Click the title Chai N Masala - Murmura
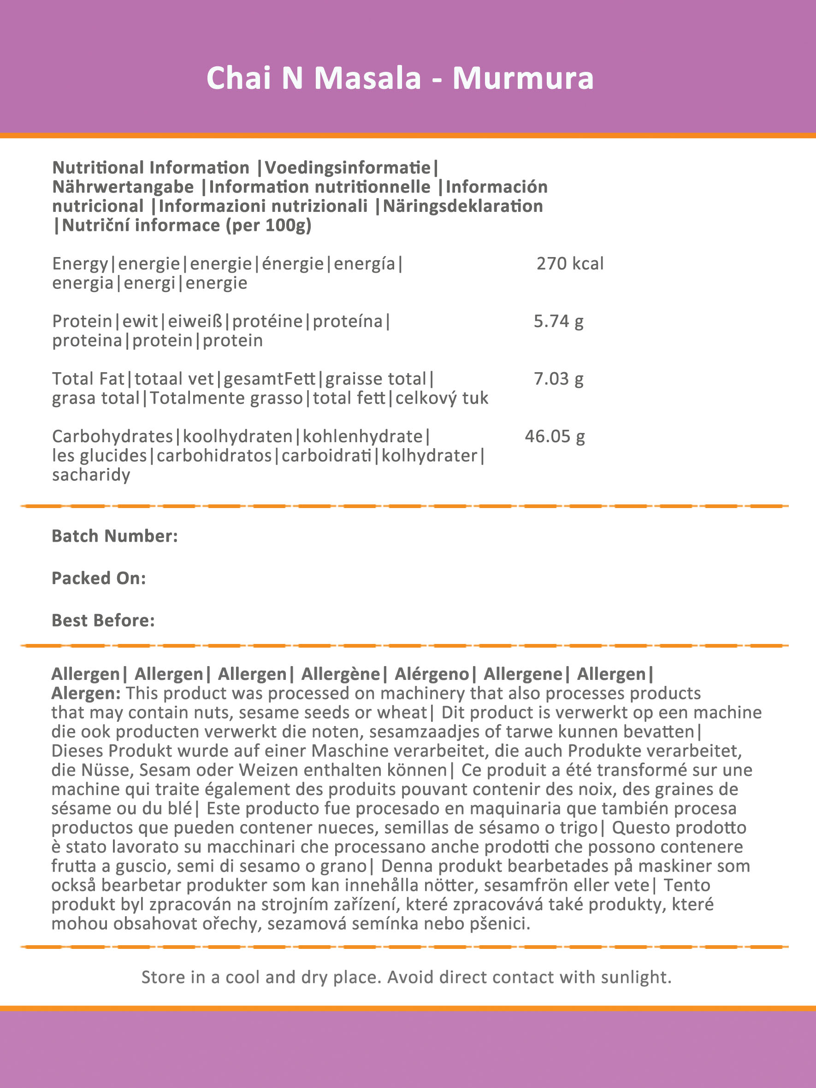point(400,78)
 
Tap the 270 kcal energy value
point(569,264)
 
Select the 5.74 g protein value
point(558,322)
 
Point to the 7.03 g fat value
point(558,379)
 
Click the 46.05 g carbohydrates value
point(554,437)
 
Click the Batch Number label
point(115,536)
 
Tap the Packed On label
point(99,579)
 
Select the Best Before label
point(103,621)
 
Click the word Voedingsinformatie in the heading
point(348,168)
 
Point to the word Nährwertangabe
point(123,187)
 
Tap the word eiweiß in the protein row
point(195,322)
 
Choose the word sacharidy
point(91,475)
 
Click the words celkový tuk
point(442,398)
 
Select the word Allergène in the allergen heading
point(341,674)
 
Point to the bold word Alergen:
point(86,694)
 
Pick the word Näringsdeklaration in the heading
point(462,206)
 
